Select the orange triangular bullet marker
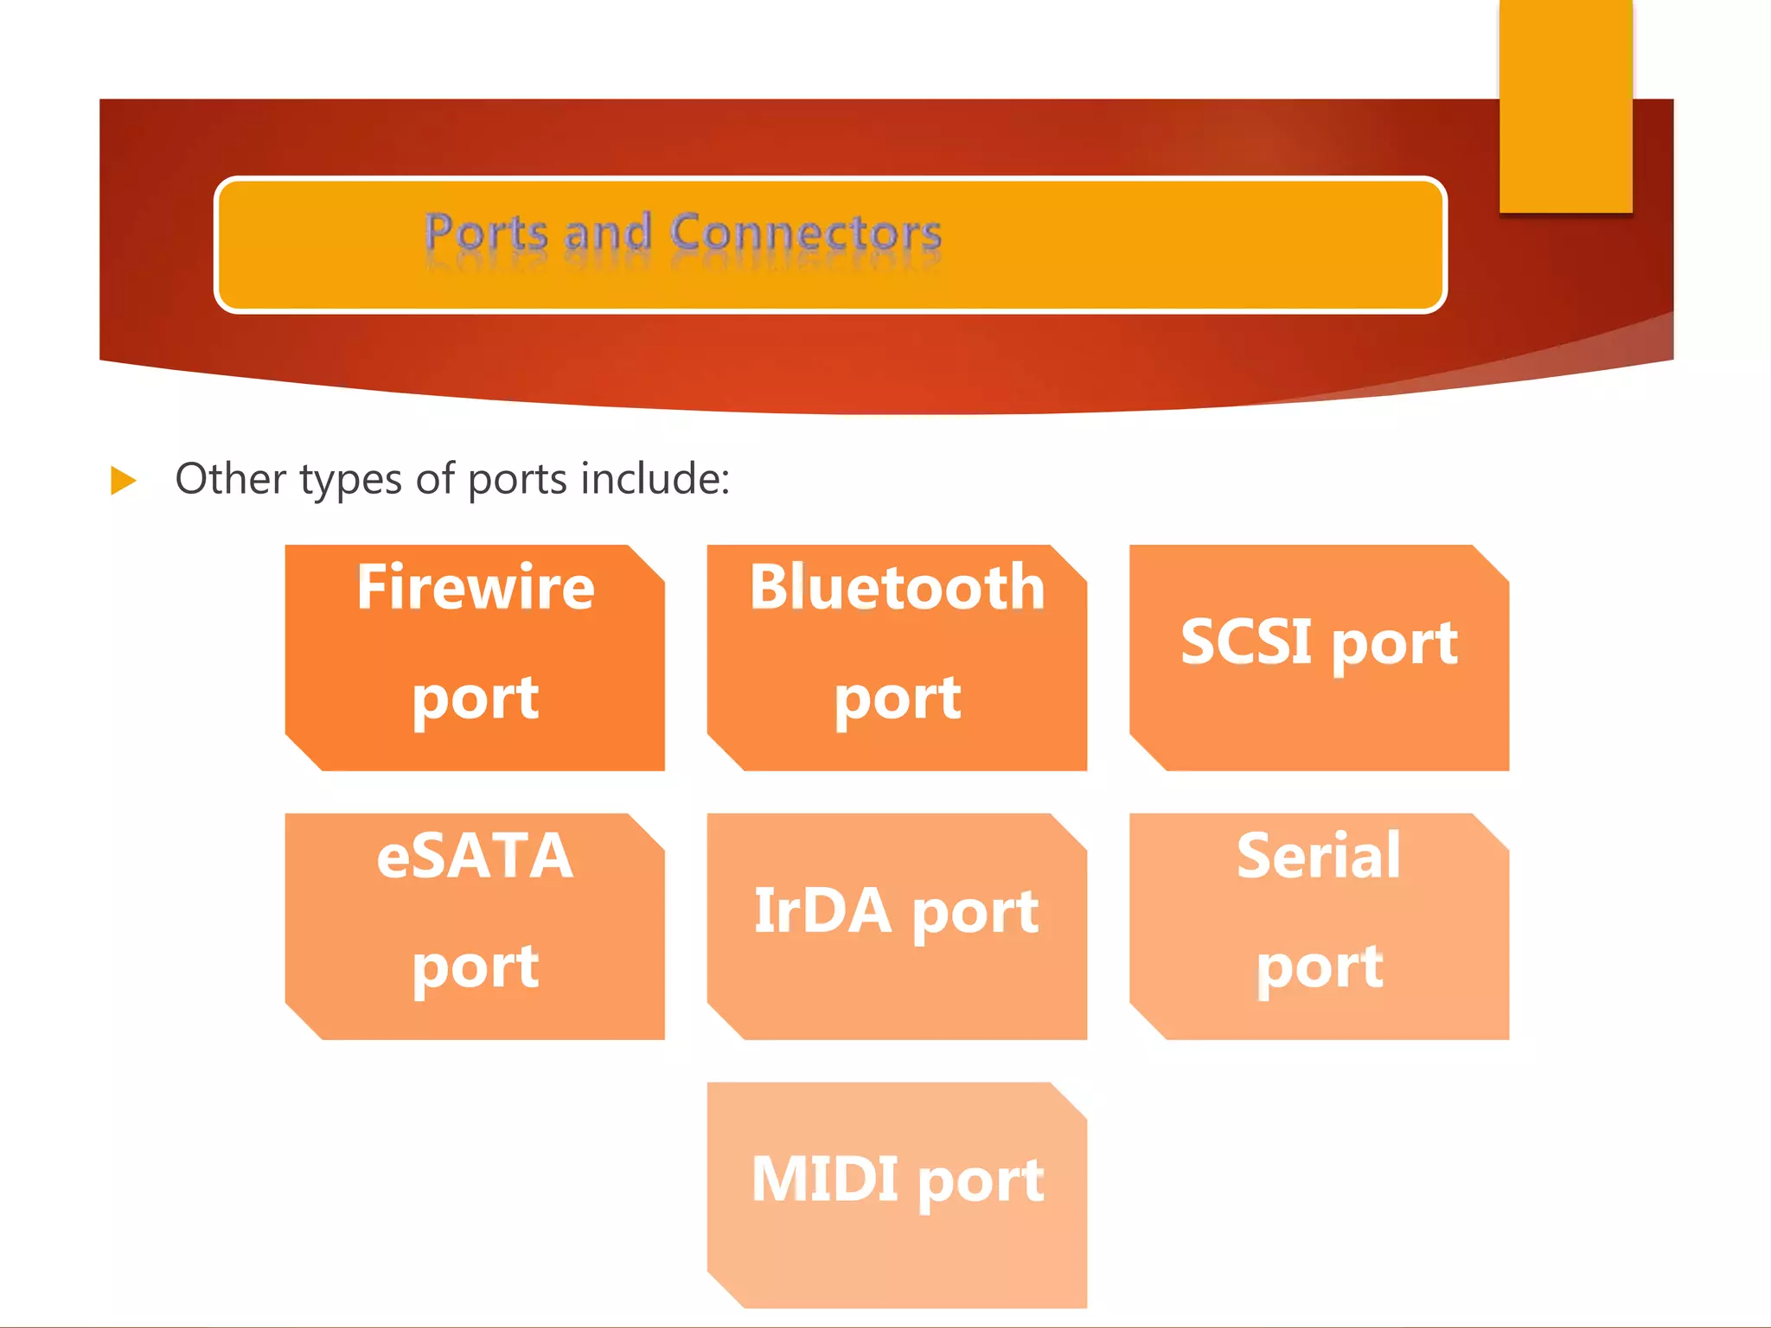click(124, 481)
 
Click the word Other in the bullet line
click(230, 478)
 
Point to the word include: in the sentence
click(655, 478)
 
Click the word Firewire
click(475, 587)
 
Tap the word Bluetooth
click(897, 587)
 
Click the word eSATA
click(475, 856)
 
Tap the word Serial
click(1319, 856)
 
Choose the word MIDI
click(824, 1179)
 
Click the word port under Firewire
click(475, 699)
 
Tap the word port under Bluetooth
click(897, 699)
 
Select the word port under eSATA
click(475, 967)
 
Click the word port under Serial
click(1319, 967)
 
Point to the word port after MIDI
click(980, 1183)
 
